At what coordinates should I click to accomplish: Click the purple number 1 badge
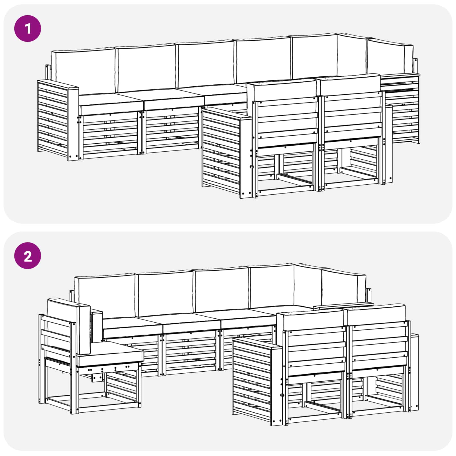(28, 28)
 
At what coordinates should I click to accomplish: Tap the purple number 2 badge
(28, 256)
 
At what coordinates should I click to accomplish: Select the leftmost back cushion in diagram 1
(83, 71)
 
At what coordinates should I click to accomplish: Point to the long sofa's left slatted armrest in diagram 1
(58, 120)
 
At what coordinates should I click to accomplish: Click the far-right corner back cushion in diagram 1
(390, 58)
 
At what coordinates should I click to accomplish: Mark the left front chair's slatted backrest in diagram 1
(287, 120)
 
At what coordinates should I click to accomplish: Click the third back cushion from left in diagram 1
(205, 64)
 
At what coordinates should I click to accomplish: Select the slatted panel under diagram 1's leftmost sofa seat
(110, 134)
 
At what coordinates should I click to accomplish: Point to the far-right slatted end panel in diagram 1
(402, 108)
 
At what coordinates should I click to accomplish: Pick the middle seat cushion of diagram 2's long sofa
(192, 325)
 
